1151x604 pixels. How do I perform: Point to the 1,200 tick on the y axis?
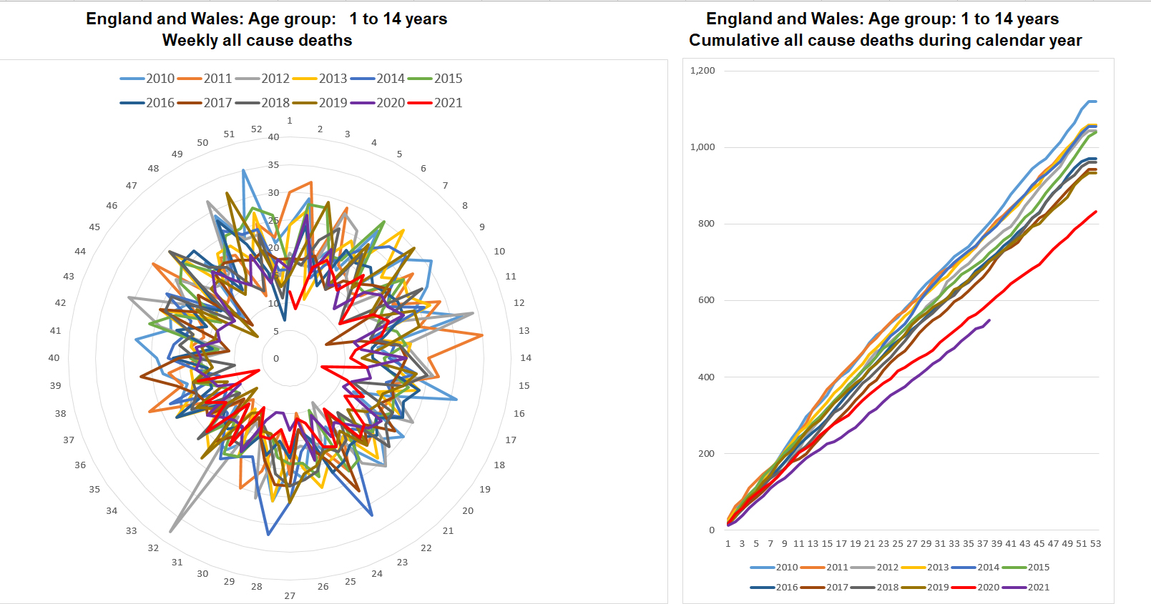click(x=702, y=71)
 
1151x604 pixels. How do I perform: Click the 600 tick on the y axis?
click(x=706, y=300)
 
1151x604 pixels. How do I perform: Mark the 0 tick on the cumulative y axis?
click(x=711, y=530)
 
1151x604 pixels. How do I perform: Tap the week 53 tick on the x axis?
click(x=1095, y=544)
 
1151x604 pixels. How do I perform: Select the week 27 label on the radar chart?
click(x=290, y=595)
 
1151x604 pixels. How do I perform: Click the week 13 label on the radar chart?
click(x=524, y=331)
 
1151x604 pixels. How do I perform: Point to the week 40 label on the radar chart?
click(x=54, y=358)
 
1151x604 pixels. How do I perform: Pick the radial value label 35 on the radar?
click(x=273, y=165)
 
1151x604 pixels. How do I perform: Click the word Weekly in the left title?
click(x=190, y=41)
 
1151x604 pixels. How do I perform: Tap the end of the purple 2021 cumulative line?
click(x=990, y=320)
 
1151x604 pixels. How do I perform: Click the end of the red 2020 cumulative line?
click(x=1096, y=212)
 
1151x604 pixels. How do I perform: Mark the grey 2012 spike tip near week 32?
click(x=170, y=532)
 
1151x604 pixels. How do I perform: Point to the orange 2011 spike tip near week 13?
click(x=483, y=335)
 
